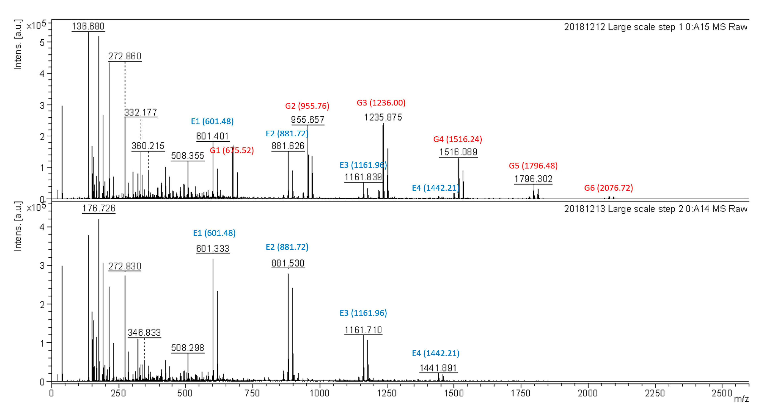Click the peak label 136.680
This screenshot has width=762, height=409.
tap(88, 26)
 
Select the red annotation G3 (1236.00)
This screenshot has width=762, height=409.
tap(381, 103)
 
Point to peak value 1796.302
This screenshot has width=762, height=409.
tap(533, 179)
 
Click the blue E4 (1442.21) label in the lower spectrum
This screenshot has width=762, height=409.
tap(435, 353)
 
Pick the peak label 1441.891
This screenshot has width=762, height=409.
tap(438, 368)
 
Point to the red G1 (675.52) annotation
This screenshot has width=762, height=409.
tap(232, 150)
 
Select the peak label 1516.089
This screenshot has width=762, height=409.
tap(458, 152)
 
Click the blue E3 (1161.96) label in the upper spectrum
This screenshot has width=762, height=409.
tap(363, 165)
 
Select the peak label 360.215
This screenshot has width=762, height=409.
tap(148, 146)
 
